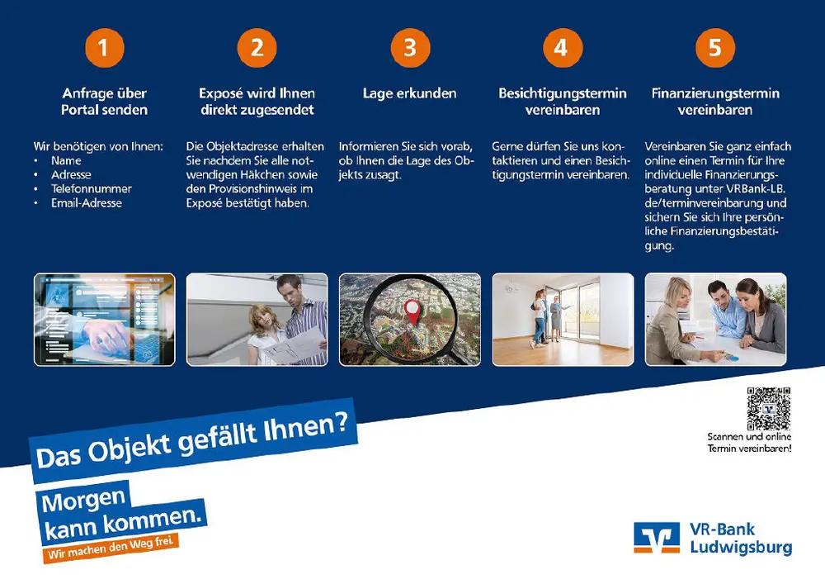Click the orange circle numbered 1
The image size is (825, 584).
tap(105, 48)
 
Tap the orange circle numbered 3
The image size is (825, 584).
tap(410, 48)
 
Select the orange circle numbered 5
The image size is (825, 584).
tap(715, 48)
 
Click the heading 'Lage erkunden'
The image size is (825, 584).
tap(410, 93)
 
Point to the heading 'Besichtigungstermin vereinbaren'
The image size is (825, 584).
tap(563, 102)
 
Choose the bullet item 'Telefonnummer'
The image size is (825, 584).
tap(91, 188)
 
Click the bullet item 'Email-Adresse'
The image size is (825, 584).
tap(87, 202)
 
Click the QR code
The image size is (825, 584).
tap(769, 409)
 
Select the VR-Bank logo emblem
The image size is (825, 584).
tap(656, 538)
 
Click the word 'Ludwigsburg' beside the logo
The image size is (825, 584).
tap(741, 548)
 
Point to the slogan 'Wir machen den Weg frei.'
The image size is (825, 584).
tap(111, 548)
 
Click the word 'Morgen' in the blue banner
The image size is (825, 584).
tap(83, 501)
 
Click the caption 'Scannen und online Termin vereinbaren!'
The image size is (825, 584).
tap(749, 443)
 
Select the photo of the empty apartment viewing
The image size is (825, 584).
tap(563, 319)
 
